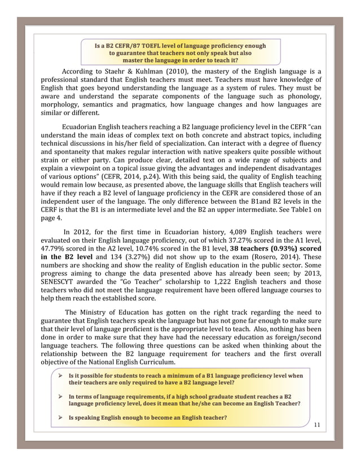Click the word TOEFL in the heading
(147, 45)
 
